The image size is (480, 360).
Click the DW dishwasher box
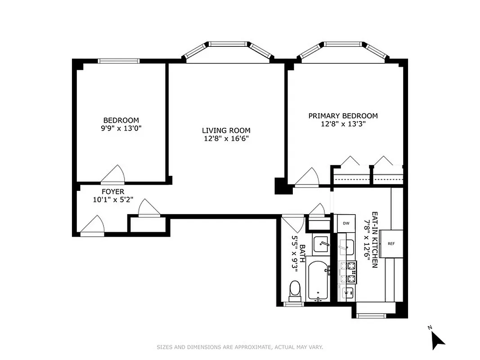click(346, 223)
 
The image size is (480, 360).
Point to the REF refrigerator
click(391, 243)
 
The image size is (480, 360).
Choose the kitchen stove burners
click(348, 272)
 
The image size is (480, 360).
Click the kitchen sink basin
click(346, 247)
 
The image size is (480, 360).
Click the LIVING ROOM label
click(225, 130)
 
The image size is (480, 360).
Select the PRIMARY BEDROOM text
click(343, 116)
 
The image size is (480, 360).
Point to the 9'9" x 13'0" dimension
click(121, 128)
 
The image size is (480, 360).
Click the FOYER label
click(112, 192)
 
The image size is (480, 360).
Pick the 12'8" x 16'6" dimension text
click(225, 139)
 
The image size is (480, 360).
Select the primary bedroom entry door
click(308, 177)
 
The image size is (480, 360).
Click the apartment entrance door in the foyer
click(93, 226)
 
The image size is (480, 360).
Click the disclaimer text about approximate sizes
click(240, 347)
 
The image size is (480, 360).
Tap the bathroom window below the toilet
click(294, 305)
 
